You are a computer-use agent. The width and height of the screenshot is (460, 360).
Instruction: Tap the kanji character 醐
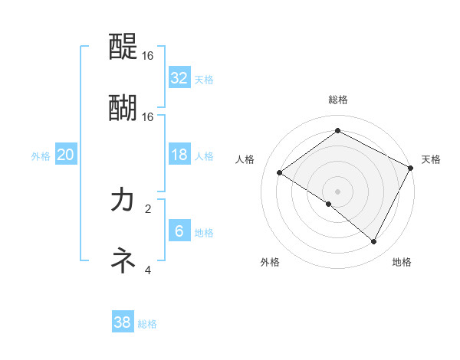123,108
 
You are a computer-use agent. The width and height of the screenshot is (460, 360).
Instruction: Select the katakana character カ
123,200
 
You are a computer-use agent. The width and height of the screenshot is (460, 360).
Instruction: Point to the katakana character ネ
123,260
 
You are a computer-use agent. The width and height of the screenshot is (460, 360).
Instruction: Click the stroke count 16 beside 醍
148,57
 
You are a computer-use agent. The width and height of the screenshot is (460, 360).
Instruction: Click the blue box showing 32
179,77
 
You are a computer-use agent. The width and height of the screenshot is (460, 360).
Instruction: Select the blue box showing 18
179,155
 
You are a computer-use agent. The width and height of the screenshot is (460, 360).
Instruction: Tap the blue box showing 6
179,231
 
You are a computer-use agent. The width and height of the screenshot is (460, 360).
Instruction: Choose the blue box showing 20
66,155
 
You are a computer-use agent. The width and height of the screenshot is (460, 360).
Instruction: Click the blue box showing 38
123,322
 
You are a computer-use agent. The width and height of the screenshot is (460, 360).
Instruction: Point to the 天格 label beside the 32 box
204,79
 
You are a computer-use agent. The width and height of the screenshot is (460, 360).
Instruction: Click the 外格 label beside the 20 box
41,155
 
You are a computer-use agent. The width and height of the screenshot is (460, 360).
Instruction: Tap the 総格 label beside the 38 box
147,324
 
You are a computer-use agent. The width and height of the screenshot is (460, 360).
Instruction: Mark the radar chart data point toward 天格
411,169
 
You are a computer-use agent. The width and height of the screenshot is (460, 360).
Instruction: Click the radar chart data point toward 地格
374,242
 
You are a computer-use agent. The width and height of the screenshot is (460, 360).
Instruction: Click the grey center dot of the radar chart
337,191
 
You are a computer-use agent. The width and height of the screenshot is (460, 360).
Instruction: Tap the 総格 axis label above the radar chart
338,100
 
